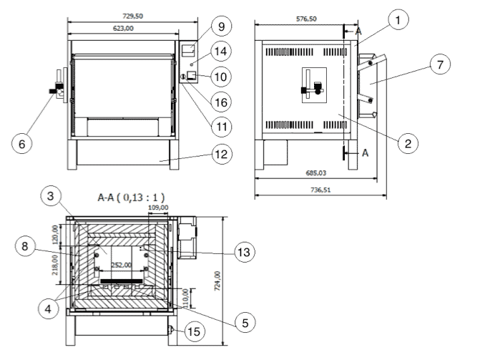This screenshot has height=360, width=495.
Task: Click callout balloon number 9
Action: coord(221,27)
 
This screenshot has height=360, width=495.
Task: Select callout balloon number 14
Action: coord(221,52)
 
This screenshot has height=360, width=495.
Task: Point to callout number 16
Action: coord(221,102)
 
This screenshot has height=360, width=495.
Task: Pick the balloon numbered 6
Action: coord(22,143)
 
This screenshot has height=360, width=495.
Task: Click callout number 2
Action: coord(407,143)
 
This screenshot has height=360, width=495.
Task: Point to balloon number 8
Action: coord(26,246)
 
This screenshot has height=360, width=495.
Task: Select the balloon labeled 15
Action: coord(193,331)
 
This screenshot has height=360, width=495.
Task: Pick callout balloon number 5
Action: coord(245,323)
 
